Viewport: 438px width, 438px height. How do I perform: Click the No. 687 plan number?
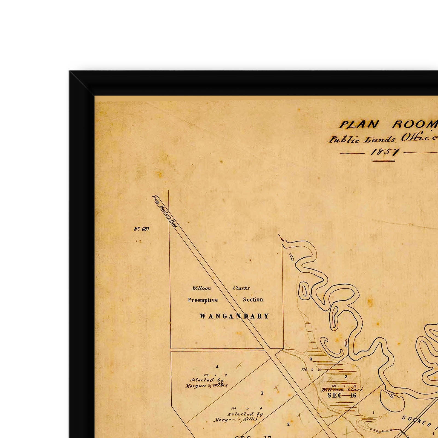[142, 229]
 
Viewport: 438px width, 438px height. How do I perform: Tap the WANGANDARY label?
[234, 316]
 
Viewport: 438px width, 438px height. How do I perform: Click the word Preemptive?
[203, 300]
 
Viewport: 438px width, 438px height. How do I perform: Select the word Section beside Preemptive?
[253, 299]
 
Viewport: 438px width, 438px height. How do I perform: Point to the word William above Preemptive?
[201, 288]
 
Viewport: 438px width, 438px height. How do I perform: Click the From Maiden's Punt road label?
[165, 211]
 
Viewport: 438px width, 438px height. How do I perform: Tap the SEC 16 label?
[342, 395]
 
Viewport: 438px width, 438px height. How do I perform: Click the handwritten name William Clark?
[342, 389]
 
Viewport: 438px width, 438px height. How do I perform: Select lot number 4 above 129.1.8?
[217, 367]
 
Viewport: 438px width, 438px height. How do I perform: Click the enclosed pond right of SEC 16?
[392, 402]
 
